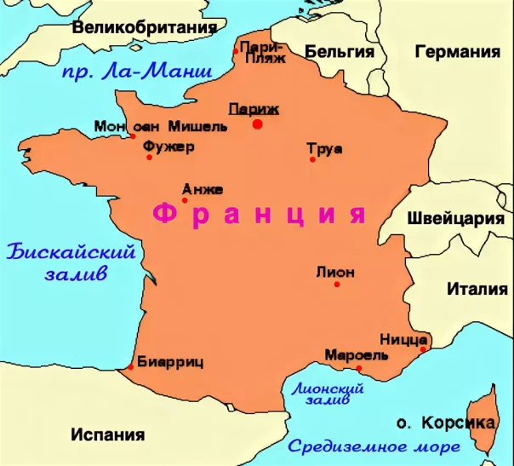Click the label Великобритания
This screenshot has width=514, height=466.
(x=144, y=28)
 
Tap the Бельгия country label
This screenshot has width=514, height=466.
(x=339, y=51)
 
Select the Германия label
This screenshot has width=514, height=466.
(x=457, y=51)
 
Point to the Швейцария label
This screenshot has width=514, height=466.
(x=456, y=217)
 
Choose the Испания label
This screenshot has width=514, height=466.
(x=107, y=434)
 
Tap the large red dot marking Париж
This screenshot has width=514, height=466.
(x=257, y=124)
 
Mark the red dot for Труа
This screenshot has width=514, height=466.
(x=312, y=159)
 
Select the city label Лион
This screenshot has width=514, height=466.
(x=334, y=273)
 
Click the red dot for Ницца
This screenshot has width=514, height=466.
(x=424, y=347)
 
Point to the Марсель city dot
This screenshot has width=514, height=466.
(x=359, y=368)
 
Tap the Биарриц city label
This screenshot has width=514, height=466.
(x=170, y=361)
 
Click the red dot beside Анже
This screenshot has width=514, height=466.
(x=185, y=200)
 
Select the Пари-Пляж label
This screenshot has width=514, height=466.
(x=261, y=52)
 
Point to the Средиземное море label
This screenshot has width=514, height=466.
(x=374, y=446)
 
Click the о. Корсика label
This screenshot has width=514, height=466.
(x=446, y=423)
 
